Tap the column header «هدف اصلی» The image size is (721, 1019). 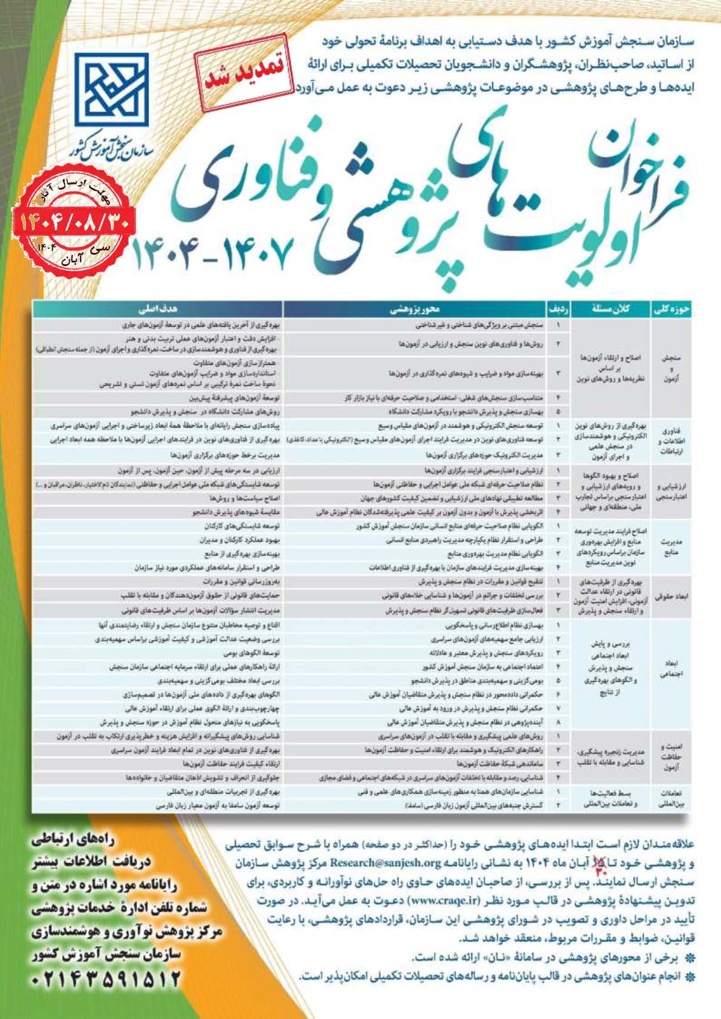158,310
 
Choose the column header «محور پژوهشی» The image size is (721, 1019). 415,310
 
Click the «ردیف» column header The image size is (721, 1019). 559,310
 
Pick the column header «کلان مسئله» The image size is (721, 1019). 611,310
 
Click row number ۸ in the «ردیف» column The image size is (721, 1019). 559,722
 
